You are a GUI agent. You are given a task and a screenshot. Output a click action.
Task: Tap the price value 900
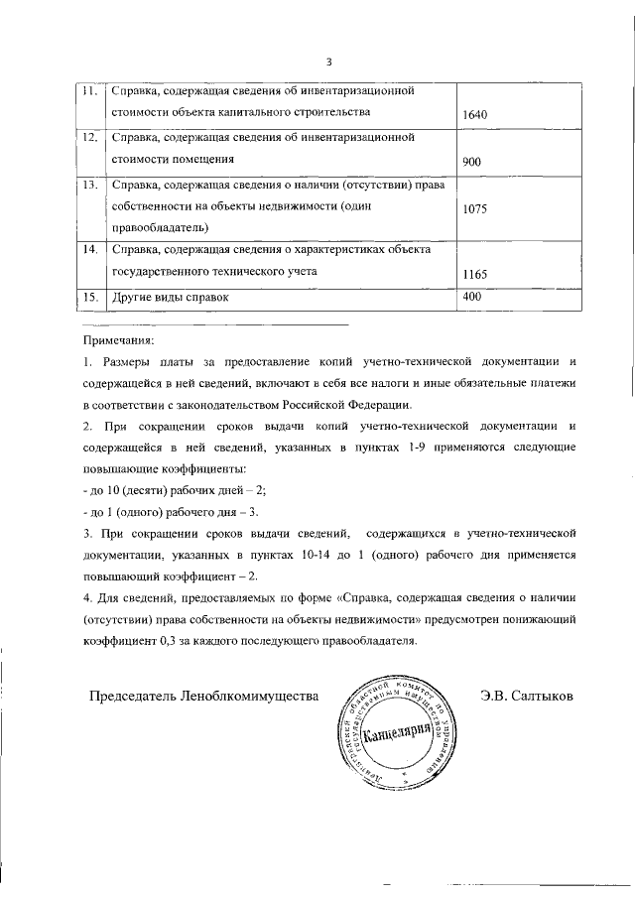(x=472, y=162)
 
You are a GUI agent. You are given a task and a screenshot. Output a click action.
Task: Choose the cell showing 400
(x=472, y=297)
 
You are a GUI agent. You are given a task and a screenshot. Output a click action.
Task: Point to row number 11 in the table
(x=88, y=91)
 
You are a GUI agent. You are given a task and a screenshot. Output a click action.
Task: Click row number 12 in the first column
(x=88, y=137)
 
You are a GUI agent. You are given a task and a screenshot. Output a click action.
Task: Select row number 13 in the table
(x=88, y=185)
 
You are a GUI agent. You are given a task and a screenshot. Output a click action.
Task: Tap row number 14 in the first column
(x=88, y=248)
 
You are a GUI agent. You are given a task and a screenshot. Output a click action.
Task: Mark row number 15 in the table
(x=88, y=297)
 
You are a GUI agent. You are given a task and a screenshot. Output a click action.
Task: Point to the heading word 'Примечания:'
(x=118, y=339)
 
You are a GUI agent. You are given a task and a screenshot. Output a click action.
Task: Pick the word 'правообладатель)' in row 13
(x=158, y=228)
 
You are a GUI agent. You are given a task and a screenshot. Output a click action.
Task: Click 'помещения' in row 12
(x=198, y=158)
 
